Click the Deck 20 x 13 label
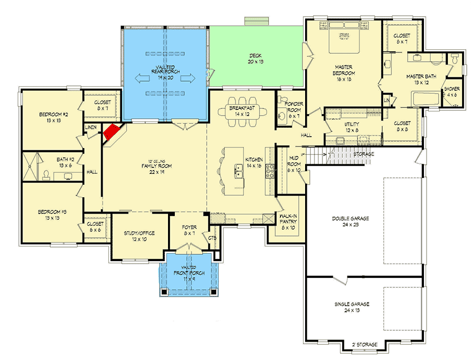[x=256, y=58]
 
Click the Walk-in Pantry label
[x=287, y=222]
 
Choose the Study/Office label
[x=139, y=236]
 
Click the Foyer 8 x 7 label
[x=189, y=230]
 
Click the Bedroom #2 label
[x=51, y=116]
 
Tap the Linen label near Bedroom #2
[x=92, y=127]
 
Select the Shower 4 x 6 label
[x=452, y=92]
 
